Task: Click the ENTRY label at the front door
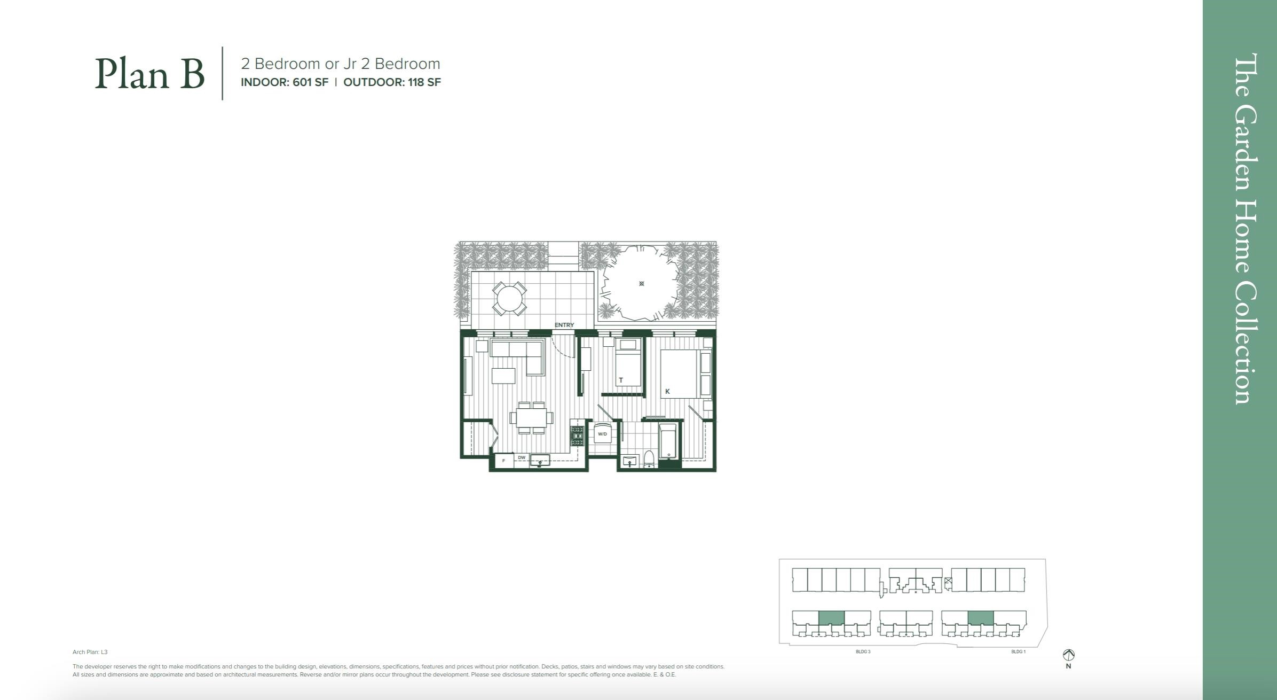point(564,325)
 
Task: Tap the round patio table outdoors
point(509,299)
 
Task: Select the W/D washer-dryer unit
point(602,434)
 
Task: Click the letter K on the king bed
point(667,391)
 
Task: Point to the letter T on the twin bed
point(621,380)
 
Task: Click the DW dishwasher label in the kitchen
point(522,457)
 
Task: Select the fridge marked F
point(503,461)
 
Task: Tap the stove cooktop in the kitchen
point(577,436)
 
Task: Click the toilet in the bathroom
point(649,459)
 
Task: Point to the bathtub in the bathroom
point(668,441)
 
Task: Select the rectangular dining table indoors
point(531,417)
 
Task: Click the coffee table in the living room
point(503,376)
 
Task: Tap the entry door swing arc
point(564,349)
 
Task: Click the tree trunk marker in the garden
point(641,284)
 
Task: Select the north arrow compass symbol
point(1068,655)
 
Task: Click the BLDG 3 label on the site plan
point(863,652)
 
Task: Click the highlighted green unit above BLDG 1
point(980,618)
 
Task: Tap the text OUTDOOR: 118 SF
point(392,82)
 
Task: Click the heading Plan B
point(149,74)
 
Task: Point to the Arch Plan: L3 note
point(90,652)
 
